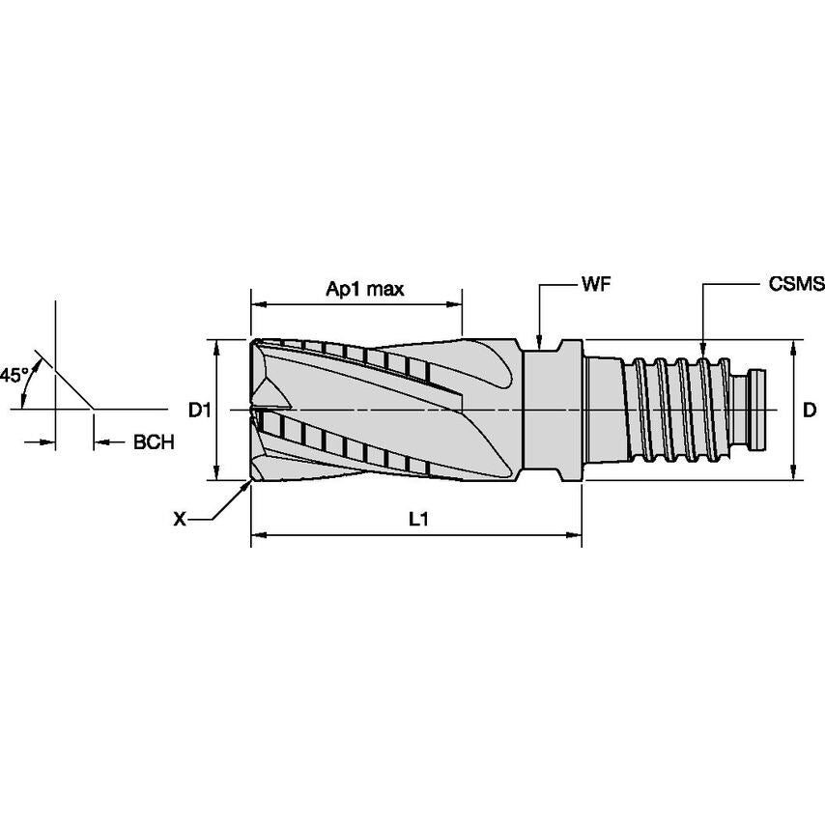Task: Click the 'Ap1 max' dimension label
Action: tap(364, 289)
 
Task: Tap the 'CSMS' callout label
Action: tap(796, 285)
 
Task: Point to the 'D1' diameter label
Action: tap(199, 411)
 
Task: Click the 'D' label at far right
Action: tap(810, 411)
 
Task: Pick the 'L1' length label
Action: tap(417, 520)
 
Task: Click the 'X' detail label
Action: tap(179, 520)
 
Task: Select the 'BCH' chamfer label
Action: tap(154, 443)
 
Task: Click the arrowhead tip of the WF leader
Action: tap(539, 346)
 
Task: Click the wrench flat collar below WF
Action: tap(553, 410)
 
